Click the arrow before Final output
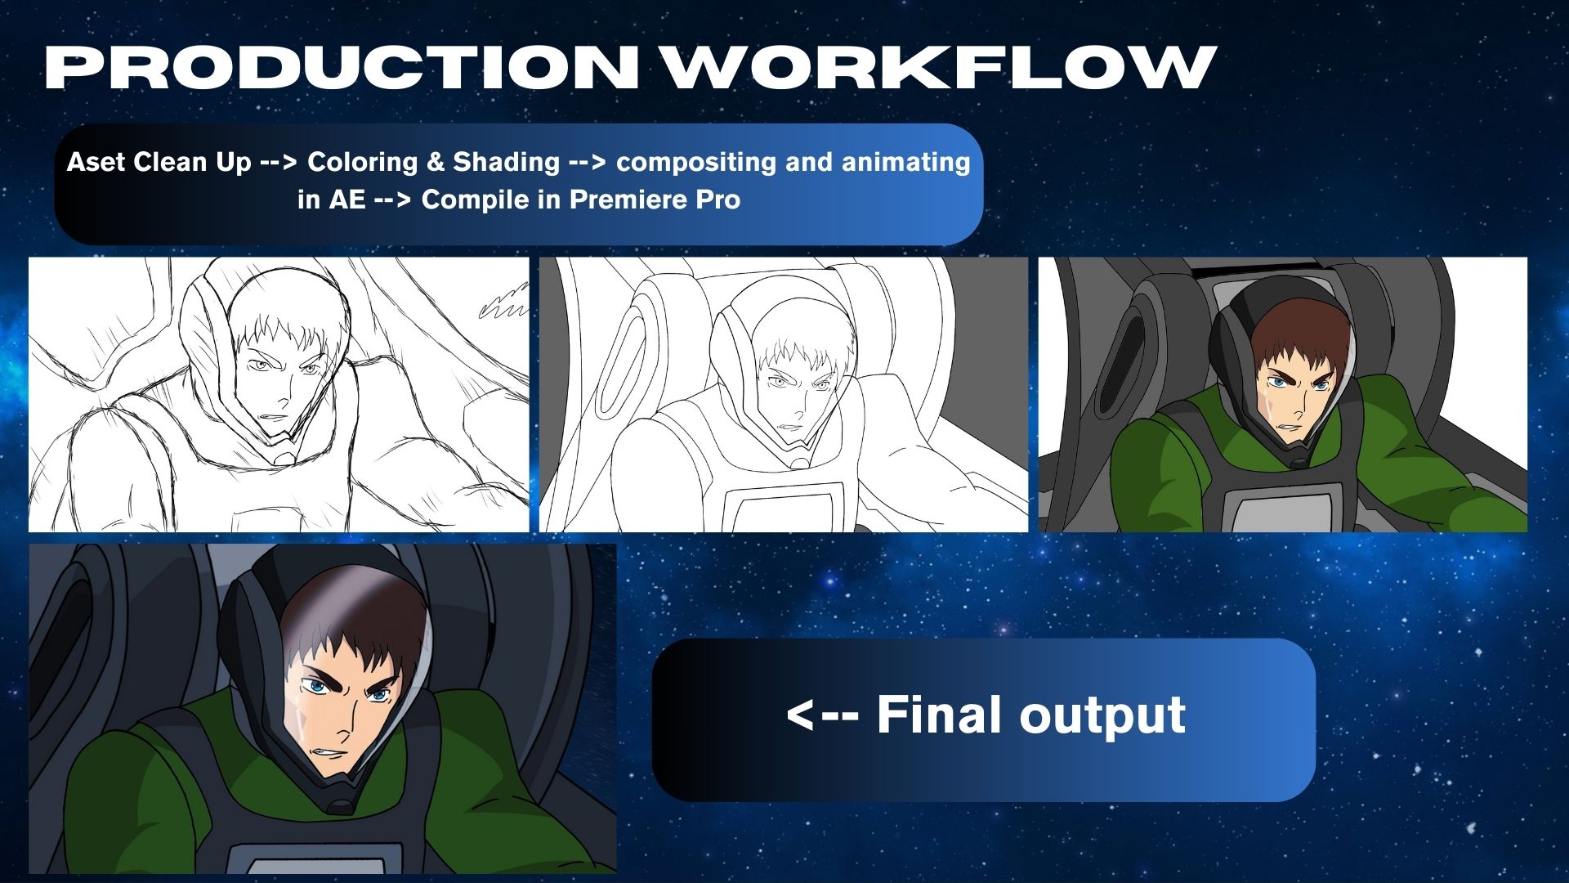[x=822, y=715]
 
